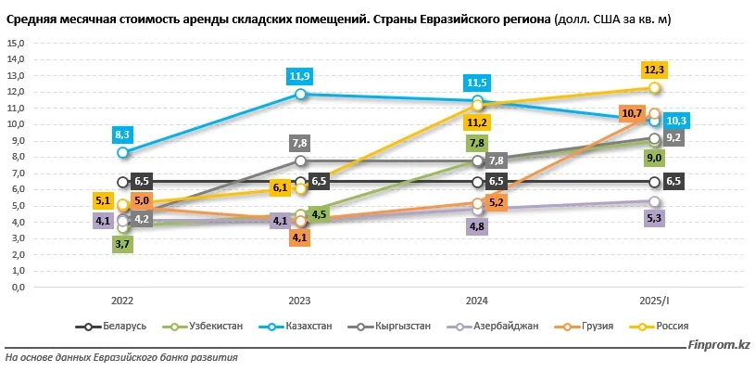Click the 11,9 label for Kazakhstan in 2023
tap(299, 76)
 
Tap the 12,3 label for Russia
tap(654, 70)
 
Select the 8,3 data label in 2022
tap(122, 135)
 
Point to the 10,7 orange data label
tap(634, 113)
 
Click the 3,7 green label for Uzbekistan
tap(122, 244)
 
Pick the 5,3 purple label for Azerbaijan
tap(654, 218)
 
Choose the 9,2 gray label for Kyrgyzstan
tap(674, 138)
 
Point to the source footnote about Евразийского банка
tap(121, 357)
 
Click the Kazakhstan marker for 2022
tap(122, 152)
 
